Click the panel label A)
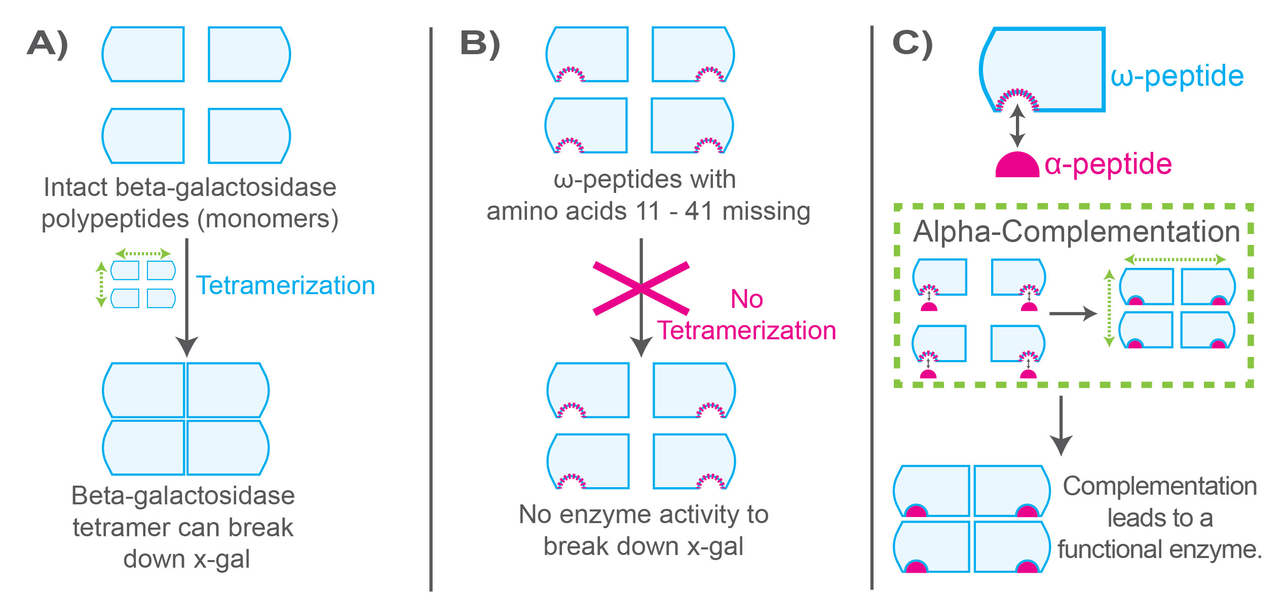48,44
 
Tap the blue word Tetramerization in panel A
285,286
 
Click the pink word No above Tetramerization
746,299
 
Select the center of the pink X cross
641,289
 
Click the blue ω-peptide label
1177,76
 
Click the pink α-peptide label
1108,164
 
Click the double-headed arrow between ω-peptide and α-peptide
1017,126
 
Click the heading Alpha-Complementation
1076,232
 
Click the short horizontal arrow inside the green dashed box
1072,313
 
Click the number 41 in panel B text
699,211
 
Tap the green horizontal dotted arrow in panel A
143,253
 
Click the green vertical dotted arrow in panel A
101,284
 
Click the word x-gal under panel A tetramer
222,560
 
